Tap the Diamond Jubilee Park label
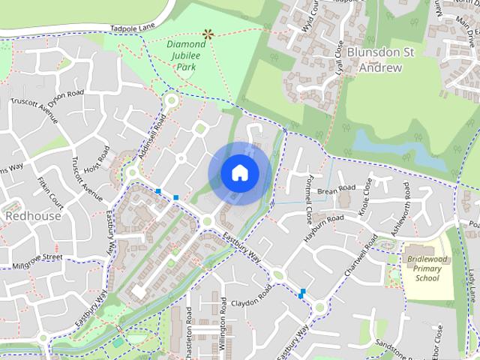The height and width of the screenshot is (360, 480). [181, 55]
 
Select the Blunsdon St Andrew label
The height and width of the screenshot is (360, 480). [381, 60]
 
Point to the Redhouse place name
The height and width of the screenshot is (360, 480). [33, 215]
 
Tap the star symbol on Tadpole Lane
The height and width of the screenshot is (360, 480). [208, 33]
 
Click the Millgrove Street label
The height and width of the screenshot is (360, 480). [37, 261]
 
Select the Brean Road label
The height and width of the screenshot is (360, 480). [335, 191]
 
